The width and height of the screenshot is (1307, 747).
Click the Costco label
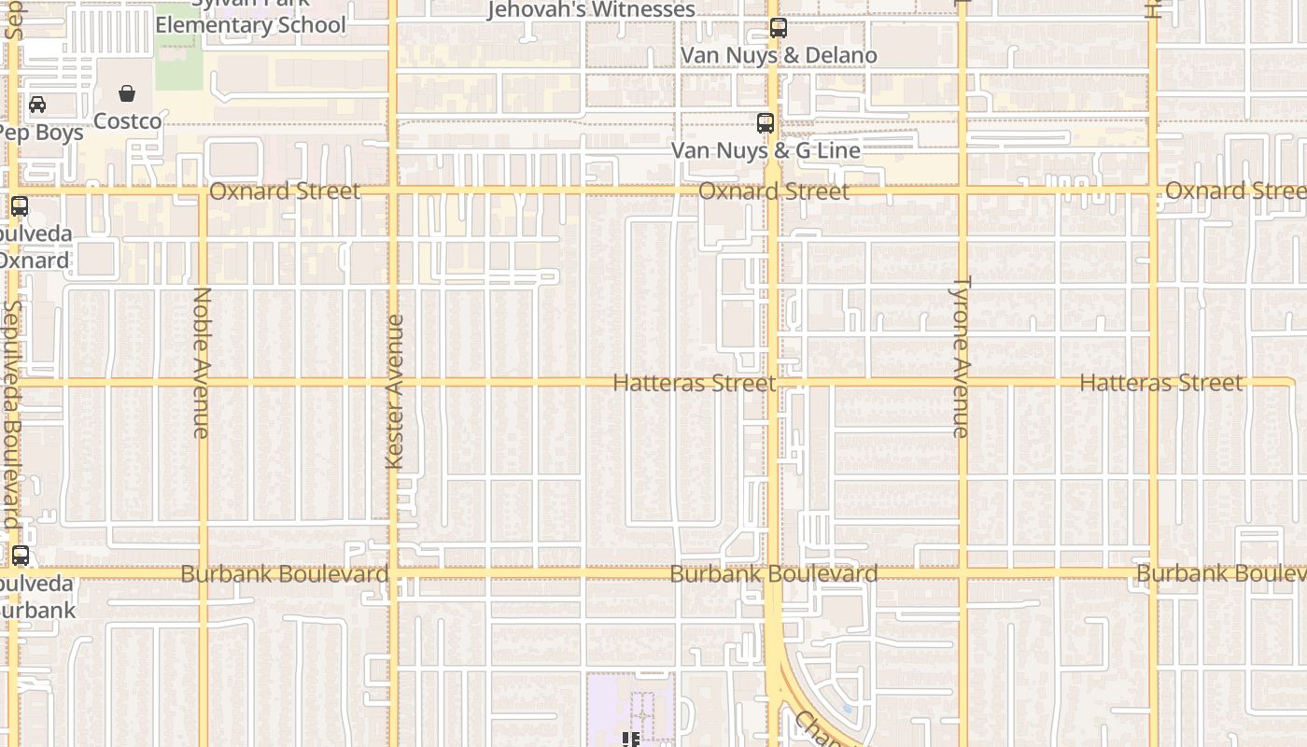[127, 121]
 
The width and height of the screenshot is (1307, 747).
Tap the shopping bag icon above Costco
[127, 93]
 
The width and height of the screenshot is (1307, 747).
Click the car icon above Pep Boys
[37, 105]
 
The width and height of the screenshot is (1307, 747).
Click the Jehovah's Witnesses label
[592, 9]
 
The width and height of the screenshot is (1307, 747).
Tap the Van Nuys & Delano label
[779, 56]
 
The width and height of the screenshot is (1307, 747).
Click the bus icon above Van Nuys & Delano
[779, 28]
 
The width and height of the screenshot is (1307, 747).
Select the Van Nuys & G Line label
[766, 149]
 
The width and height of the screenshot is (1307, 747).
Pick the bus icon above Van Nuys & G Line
[766, 122]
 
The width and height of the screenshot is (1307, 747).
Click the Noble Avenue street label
[202, 362]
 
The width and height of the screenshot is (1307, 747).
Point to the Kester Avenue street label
[394, 392]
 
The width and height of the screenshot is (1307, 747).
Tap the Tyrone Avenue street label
[961, 357]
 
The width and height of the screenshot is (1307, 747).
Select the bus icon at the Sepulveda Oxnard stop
[20, 206]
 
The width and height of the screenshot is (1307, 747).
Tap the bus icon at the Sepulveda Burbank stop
[20, 557]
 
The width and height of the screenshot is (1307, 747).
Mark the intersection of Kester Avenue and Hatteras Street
[393, 383]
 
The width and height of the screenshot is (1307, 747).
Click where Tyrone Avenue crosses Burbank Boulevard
[963, 571]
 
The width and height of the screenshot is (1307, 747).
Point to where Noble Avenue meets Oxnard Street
[203, 191]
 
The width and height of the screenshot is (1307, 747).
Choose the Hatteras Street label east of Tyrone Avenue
[1161, 383]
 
